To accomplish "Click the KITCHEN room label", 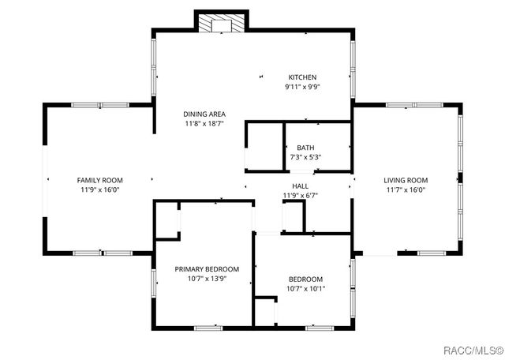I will [x=302, y=77].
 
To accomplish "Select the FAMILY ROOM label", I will [x=99, y=180].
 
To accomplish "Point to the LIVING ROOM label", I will [x=406, y=180].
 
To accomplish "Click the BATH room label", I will [x=305, y=148].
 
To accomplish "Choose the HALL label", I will [x=300, y=186].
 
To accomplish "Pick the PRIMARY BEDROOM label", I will [x=207, y=269].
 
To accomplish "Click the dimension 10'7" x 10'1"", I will [x=306, y=288].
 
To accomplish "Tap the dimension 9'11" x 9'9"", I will [x=302, y=87].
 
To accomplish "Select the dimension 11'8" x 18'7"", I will [x=204, y=124].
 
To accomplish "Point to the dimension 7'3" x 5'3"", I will [x=305, y=157].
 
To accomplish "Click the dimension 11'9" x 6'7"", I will [x=300, y=196].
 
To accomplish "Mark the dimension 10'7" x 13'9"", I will [x=207, y=279].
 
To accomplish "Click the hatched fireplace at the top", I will [x=221, y=24].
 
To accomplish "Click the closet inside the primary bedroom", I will [x=166, y=219].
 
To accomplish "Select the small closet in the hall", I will [x=294, y=216].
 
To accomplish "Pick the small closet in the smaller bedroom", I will [x=264, y=311].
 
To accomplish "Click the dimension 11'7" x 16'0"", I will [x=406, y=189].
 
